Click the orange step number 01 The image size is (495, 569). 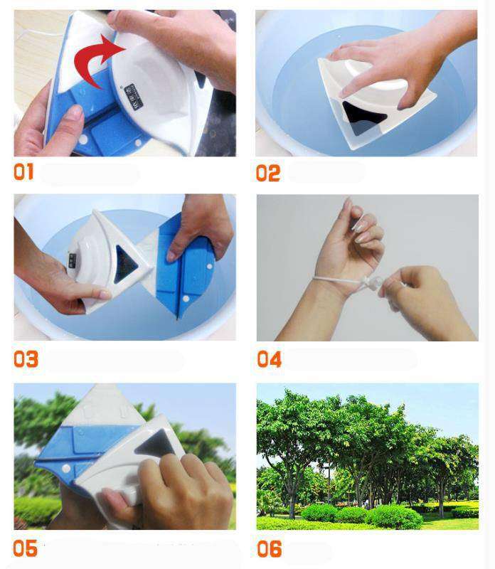(x=23, y=172)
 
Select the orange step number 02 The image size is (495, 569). (x=268, y=172)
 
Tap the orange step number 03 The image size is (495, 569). (x=26, y=358)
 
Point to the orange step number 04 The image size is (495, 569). (x=270, y=358)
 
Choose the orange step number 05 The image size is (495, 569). (x=25, y=548)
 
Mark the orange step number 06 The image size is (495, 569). (x=270, y=548)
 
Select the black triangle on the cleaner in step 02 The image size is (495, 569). (x=363, y=114)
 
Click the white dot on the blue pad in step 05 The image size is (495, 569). (x=65, y=469)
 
